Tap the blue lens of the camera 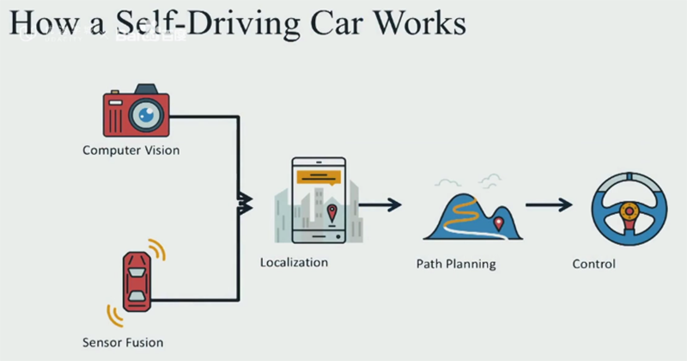point(146,114)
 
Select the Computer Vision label point(131,150)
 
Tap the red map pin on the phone point(332,212)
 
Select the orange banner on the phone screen point(319,176)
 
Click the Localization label point(294,260)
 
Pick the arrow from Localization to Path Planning point(380,205)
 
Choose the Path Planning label point(456,264)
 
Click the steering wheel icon point(629,210)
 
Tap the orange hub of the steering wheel point(629,209)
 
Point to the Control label point(593,264)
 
